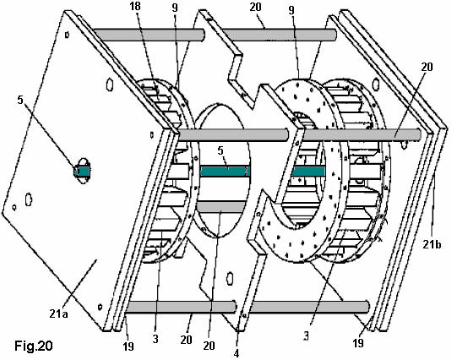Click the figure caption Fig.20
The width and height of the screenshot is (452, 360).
34,346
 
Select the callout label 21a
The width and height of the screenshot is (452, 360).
58,314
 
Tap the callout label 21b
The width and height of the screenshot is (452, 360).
432,244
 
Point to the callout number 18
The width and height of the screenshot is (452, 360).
135,7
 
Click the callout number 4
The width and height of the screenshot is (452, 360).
237,353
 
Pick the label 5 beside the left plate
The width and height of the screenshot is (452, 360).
20,100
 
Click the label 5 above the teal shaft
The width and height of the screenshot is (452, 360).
221,150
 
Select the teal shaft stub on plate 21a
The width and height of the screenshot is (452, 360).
83,172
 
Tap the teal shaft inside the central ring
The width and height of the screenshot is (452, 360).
224,172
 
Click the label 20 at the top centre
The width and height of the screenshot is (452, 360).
255,7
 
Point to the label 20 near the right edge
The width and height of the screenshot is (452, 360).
427,67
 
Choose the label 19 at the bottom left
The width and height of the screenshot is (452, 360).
128,346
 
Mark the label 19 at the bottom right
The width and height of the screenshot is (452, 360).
358,343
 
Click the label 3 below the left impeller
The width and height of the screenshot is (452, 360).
155,339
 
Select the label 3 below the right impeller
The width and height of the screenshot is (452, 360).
306,336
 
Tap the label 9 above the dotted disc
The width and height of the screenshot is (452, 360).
291,10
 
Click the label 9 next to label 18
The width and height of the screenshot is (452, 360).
175,8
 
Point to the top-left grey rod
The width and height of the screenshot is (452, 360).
149,35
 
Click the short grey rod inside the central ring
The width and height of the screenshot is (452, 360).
221,207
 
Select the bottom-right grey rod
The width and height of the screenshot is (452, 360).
309,308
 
